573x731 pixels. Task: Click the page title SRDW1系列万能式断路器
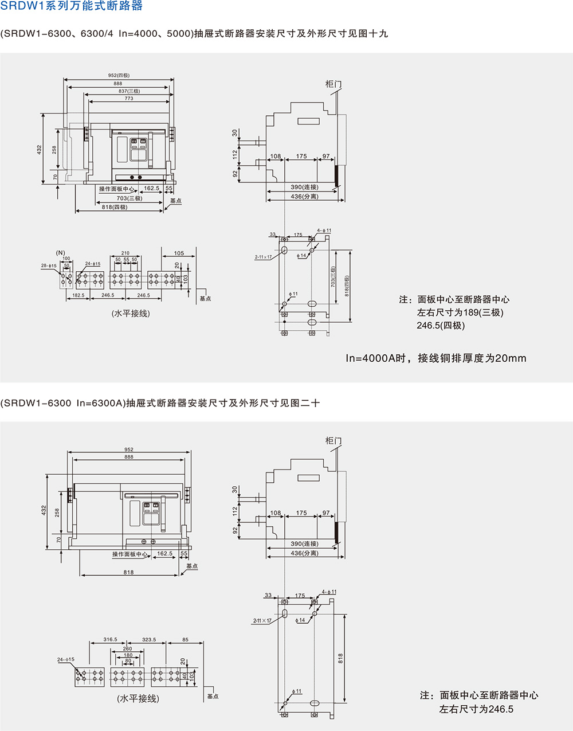[72, 6]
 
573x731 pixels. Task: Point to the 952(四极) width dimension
[119, 75]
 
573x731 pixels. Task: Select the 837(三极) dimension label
[129, 91]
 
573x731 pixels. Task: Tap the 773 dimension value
[129, 98]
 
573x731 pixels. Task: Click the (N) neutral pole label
[60, 252]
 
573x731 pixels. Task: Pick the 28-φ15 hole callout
[49, 265]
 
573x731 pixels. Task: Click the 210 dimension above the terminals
[125, 253]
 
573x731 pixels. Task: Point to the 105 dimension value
[179, 253]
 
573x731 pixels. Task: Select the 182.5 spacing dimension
[78, 295]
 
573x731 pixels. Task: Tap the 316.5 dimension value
[110, 639]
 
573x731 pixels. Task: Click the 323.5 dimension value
[148, 639]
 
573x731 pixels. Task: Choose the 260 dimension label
[127, 648]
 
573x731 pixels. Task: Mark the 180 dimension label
[128, 655]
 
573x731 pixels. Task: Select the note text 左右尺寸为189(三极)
[460, 312]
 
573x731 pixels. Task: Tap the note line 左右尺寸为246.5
[476, 709]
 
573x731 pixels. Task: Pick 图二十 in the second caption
[305, 403]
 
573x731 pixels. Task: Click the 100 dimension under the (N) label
[66, 259]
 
